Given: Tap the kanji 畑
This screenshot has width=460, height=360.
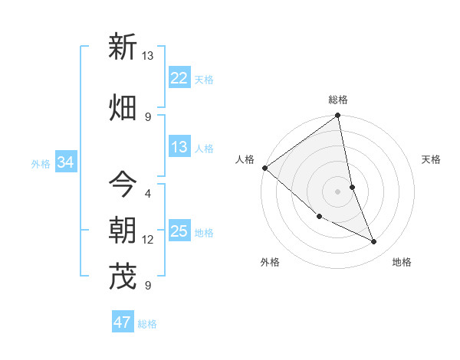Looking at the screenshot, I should coord(123,107).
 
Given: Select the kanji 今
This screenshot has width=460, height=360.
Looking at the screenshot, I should coord(123,185).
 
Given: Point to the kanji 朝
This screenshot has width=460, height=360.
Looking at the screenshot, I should coord(123,231).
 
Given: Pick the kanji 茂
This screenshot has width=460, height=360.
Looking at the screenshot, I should coord(123,277).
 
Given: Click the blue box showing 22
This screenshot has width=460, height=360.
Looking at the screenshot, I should coord(179,78).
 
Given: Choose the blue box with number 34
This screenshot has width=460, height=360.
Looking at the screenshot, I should coord(66,162).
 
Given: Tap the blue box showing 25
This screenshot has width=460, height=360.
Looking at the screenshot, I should coord(179,231).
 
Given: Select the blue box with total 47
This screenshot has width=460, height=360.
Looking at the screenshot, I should coord(123,322).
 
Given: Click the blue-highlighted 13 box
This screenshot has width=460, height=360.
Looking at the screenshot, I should coord(179,147).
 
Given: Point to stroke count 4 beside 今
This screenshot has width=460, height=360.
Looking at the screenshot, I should coord(148,193).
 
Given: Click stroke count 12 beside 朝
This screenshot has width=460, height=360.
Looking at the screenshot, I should coord(148,240).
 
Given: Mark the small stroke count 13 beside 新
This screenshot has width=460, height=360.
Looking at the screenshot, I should coord(148,56).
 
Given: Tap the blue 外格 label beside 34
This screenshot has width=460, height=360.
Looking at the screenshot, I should coord(41,163).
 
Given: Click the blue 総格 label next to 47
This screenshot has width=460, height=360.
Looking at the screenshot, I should coord(147,323).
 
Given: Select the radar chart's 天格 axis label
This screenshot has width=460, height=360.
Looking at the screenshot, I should coord(432,159).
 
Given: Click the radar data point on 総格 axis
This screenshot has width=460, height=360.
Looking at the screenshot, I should coord(338,116).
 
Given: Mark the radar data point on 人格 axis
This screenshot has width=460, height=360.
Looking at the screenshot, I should coord(264,168).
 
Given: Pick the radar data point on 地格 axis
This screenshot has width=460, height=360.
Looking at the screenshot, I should coord(374,242).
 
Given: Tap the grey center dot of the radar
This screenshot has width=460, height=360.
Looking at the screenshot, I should coord(338,191).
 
